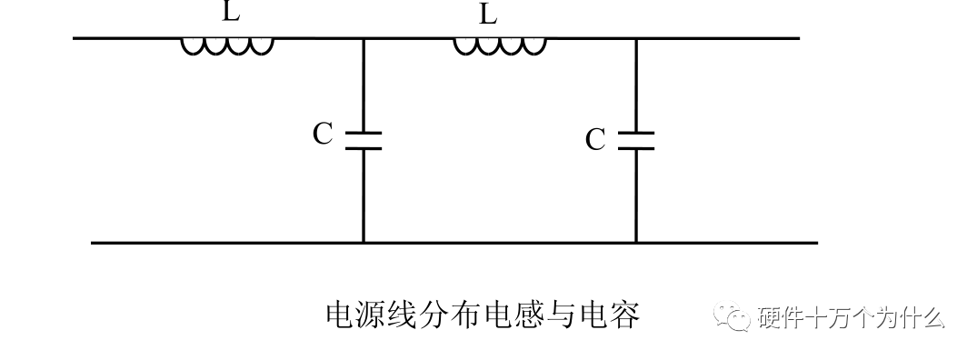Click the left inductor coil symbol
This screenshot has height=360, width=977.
226,45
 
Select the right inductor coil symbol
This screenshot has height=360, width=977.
499,45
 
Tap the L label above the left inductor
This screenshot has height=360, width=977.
231,13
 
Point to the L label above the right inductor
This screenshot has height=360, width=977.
489,15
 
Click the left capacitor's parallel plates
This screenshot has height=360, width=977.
363,140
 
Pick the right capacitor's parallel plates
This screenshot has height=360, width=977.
635,140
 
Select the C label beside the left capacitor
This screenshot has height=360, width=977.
323,135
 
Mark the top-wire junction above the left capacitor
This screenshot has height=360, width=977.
363,38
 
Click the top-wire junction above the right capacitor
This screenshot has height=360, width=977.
635,38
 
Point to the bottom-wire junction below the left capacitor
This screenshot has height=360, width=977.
363,243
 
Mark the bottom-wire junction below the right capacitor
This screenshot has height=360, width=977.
635,243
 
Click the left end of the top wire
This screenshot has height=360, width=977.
75,38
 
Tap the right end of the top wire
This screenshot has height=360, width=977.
798,38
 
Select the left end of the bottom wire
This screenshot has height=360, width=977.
93,243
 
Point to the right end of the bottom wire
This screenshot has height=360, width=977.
816,243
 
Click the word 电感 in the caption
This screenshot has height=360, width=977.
530,315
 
